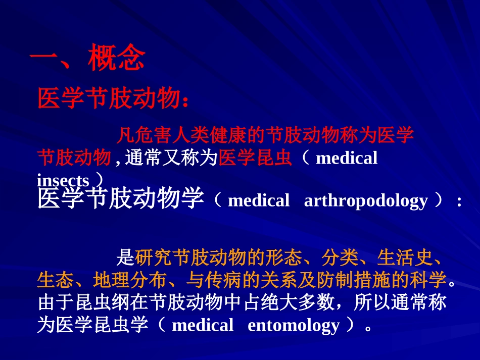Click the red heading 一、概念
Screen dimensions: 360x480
pos(87,59)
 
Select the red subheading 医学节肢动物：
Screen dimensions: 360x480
pos(114,98)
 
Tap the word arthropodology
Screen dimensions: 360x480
pos(366,201)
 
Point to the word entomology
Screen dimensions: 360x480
pos(293,325)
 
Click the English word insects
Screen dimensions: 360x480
pos(63,180)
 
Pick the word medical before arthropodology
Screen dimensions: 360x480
pos(259,201)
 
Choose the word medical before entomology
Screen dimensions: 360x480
pos(203,325)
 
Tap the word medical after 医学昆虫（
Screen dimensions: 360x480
pos(346,159)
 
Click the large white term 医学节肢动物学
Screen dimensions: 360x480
pos(121,199)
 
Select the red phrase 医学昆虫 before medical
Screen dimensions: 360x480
pos(256,158)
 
